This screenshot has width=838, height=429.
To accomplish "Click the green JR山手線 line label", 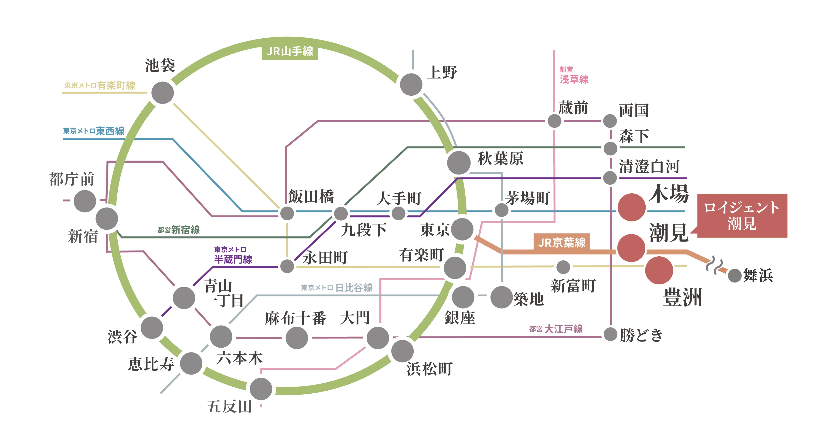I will tap(290, 51).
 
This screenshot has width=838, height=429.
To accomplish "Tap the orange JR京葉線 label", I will tap(562, 242).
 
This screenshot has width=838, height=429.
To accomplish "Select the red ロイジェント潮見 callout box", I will tap(742, 215).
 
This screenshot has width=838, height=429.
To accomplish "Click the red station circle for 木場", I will tap(631, 207).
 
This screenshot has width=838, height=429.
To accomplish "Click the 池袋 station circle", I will tap(163, 93).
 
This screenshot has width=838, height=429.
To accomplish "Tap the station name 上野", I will tap(442, 72).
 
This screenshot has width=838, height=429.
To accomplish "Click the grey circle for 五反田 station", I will tap(261, 389).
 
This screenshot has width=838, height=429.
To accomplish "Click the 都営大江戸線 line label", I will tap(556, 329).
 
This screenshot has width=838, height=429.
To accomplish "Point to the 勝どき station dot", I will tap(610, 334).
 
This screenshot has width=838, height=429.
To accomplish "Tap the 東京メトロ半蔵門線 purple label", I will tap(233, 255).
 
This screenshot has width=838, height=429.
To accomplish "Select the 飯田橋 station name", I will tap(311, 196).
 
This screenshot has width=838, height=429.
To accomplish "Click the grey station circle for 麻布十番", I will tap(297, 338).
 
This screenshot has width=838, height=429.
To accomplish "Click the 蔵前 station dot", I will tap(554, 121).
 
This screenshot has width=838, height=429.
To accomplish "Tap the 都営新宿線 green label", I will tap(179, 230).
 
